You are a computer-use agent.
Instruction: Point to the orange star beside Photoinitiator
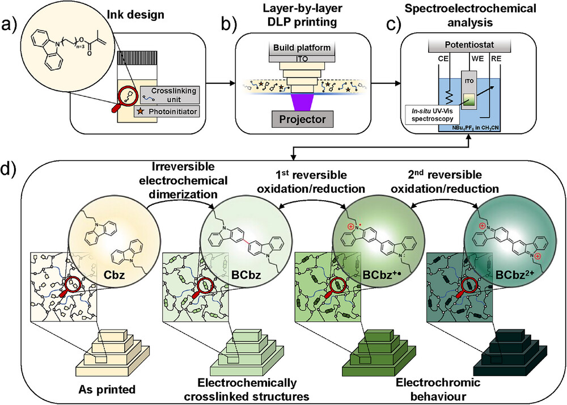139,112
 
